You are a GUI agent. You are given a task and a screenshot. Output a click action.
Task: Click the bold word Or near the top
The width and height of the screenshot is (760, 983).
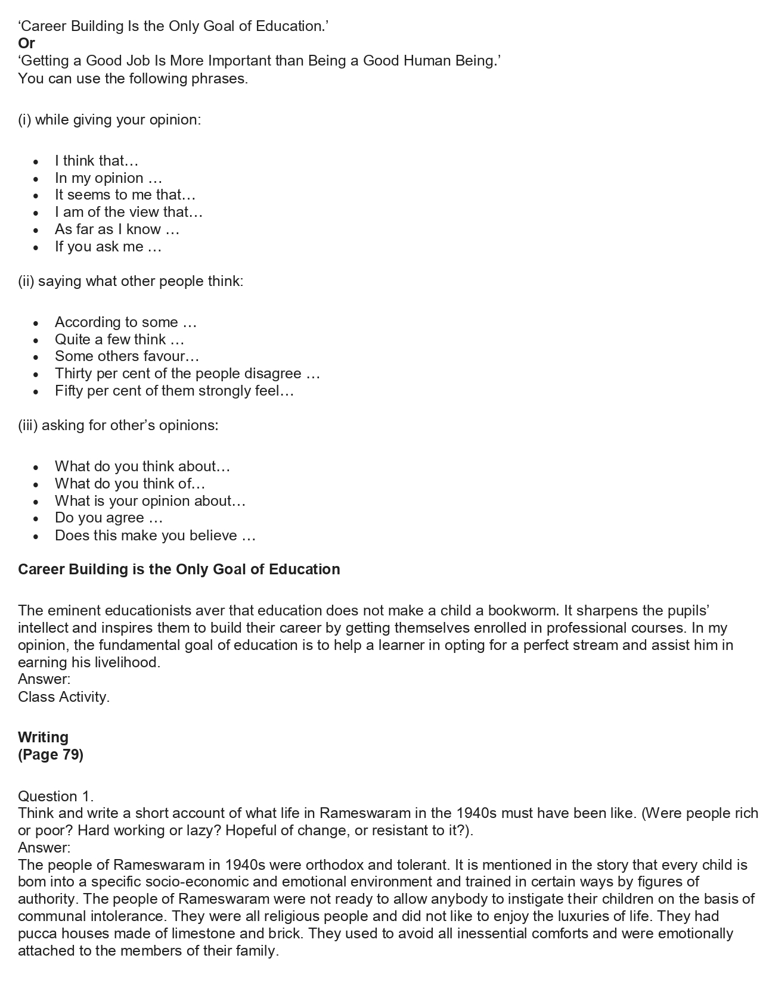click(26, 43)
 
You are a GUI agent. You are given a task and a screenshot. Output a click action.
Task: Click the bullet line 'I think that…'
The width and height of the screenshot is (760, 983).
click(96, 161)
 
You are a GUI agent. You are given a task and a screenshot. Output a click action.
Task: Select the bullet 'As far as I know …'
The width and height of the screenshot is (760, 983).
click(117, 229)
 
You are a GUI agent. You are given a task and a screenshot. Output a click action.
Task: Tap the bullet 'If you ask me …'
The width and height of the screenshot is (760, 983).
click(108, 247)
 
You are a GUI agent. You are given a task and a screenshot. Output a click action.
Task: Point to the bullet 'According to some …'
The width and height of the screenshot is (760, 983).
click(125, 322)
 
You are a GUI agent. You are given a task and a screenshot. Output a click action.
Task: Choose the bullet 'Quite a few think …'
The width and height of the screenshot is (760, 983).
click(119, 340)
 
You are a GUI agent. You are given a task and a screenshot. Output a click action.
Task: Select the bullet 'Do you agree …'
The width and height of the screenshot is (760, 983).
click(108, 518)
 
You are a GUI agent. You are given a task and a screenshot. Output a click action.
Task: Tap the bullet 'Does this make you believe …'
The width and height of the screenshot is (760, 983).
click(155, 536)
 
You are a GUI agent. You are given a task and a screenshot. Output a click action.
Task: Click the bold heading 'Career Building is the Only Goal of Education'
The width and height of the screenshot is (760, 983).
click(179, 570)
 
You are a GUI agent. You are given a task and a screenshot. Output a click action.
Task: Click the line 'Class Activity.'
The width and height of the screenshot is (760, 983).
click(64, 697)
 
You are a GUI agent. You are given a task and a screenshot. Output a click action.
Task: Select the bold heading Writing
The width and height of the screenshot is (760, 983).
click(43, 738)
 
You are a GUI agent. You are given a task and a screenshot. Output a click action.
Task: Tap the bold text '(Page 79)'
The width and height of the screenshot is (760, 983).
click(51, 755)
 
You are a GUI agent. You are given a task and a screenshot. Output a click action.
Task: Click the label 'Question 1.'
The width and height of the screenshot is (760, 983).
click(55, 797)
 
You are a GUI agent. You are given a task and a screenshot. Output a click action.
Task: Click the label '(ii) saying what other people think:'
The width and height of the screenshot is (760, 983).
click(131, 281)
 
